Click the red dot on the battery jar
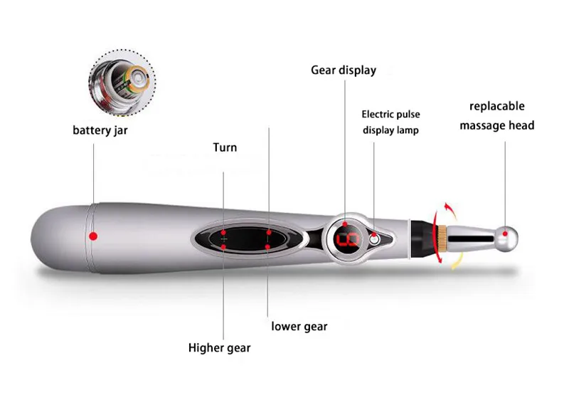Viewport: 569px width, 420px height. (x=92, y=236)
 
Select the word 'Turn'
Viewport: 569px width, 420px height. (x=225, y=147)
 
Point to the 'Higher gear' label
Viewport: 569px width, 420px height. (x=219, y=348)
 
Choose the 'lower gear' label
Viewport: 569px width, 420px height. (x=299, y=326)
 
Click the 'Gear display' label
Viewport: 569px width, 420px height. (x=344, y=70)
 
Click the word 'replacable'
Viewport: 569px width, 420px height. (x=497, y=106)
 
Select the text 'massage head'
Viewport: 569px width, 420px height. (x=497, y=125)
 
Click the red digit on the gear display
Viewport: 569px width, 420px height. (x=350, y=239)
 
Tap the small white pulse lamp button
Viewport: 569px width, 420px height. (x=373, y=240)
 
